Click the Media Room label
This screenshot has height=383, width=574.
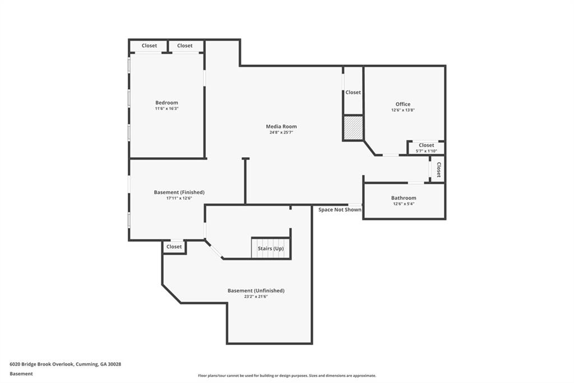(281, 126)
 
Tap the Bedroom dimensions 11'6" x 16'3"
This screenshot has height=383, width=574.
(166, 108)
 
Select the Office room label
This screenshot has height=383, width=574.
(402, 104)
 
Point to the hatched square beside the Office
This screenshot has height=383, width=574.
(353, 127)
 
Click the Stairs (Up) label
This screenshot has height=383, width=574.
(271, 248)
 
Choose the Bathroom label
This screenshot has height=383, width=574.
(404, 198)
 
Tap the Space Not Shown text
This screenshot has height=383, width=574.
(340, 210)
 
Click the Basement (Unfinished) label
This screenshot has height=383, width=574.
(256, 290)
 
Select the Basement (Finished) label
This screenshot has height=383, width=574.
(179, 192)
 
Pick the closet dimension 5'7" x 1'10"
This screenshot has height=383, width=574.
(427, 151)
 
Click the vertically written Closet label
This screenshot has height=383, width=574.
(438, 170)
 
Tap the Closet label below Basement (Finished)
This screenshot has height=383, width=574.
(174, 247)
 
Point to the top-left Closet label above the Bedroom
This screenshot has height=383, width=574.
(149, 46)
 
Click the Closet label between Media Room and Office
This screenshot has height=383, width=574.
(353, 93)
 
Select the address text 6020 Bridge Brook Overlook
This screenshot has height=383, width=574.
(41, 364)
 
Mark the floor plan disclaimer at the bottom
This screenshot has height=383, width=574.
(287, 376)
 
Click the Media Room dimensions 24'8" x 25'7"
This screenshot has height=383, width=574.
(281, 133)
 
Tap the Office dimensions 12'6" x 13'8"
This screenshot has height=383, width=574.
(402, 110)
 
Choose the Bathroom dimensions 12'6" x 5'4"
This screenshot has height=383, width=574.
(404, 204)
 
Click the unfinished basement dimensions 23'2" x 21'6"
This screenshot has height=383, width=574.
(256, 297)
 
